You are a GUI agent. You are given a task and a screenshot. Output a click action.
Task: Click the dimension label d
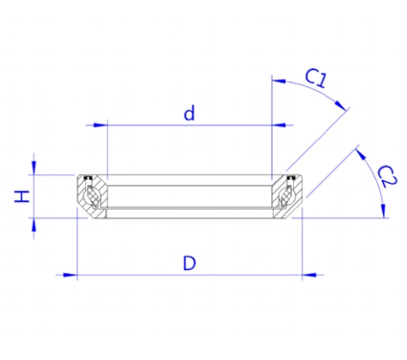click(x=190, y=114)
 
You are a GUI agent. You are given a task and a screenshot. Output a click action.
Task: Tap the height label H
click(x=22, y=196)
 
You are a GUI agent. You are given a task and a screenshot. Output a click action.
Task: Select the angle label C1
click(x=316, y=78)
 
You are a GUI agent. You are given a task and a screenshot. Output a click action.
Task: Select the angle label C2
click(x=387, y=176)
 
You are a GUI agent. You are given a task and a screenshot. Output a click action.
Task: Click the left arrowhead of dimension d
click(x=100, y=124)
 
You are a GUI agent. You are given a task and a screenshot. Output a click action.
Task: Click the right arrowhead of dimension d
click(x=279, y=124)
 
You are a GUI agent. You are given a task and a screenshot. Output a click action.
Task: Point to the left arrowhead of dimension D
click(x=70, y=275)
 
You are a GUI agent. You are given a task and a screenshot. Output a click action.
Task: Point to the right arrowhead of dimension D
click(x=309, y=275)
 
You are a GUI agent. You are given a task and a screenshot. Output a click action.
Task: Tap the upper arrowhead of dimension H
click(x=34, y=168)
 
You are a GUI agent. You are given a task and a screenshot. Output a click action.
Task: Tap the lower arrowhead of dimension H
click(x=34, y=225)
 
